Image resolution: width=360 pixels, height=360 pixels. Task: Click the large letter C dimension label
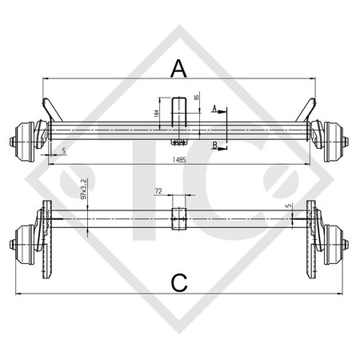(x=179, y=281)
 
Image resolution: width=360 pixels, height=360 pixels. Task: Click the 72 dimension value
(x=158, y=193)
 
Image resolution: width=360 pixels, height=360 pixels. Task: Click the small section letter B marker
(x=214, y=146)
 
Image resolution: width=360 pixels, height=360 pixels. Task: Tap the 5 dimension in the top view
(x=62, y=150)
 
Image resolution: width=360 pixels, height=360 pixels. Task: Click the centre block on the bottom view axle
(x=179, y=217)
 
